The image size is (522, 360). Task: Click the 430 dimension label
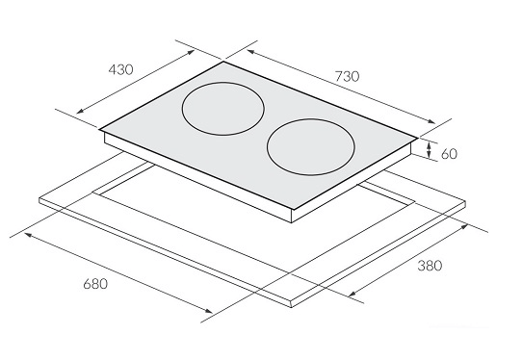point(120,69)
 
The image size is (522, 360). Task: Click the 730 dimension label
point(348,76)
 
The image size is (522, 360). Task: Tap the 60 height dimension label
point(449,154)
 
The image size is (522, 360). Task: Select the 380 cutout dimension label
point(430,266)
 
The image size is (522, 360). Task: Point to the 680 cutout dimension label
point(95,284)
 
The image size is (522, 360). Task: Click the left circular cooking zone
point(223,109)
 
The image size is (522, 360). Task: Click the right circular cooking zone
point(311,147)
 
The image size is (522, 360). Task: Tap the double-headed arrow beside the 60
point(429,150)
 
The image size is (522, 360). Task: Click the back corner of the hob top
point(223,62)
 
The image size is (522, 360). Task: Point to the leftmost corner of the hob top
point(99,129)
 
